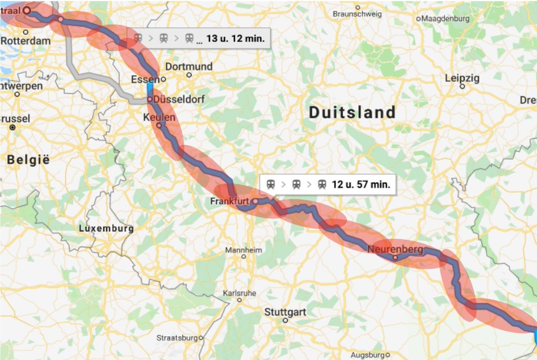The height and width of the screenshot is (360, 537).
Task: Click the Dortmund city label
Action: click(189, 67)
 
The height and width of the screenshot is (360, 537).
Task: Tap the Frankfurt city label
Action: click(229, 202)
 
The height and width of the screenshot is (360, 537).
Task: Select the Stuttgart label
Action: click(285, 312)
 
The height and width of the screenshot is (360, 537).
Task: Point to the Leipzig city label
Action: click(462, 78)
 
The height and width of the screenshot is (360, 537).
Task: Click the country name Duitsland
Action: click(352, 112)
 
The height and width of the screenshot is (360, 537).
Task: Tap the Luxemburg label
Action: click(106, 229)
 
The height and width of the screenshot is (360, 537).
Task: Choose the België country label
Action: click(28, 159)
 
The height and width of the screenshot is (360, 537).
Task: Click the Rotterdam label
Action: click(26, 41)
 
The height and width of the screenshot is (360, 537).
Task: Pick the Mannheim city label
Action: click(243, 250)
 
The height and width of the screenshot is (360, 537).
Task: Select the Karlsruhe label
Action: click(239, 293)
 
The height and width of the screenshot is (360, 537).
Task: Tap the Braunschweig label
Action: click(357, 14)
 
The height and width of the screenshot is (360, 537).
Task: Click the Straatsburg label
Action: click(176, 338)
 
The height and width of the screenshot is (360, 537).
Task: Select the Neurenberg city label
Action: click(395, 250)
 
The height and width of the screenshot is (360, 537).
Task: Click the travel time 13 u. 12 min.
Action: click(235, 38)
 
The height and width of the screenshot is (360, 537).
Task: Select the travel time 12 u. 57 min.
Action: click(361, 184)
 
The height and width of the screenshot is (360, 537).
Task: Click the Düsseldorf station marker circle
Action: click(149, 99)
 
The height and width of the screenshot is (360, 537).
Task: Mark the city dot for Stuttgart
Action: click(285, 320)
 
